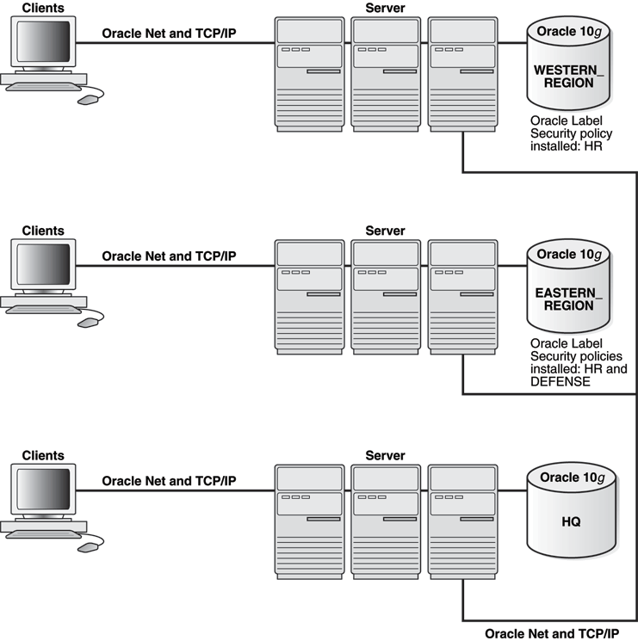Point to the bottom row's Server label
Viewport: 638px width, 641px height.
pyautogui.click(x=385, y=454)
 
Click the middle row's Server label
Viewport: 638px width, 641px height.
pyautogui.click(x=385, y=231)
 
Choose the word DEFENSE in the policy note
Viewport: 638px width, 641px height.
pyautogui.click(x=561, y=381)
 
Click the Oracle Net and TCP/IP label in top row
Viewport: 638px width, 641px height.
pyautogui.click(x=169, y=34)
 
